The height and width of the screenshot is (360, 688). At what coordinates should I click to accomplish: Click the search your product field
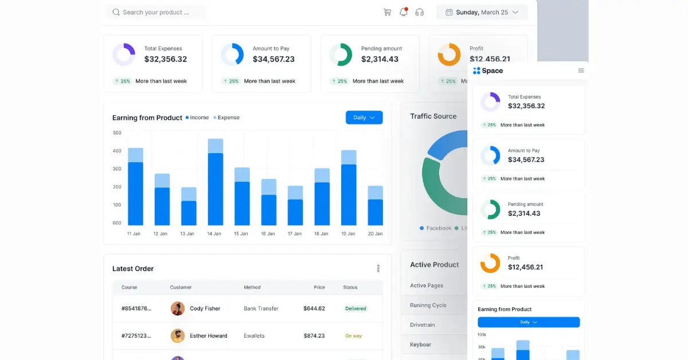tap(155, 12)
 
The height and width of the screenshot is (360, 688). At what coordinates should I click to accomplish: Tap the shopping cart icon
tap(387, 12)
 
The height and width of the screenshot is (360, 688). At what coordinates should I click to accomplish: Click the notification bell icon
tap(404, 12)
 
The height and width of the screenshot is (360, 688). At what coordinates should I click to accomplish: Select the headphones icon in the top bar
tap(420, 12)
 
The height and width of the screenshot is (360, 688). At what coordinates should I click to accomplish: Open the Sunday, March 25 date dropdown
tap(482, 12)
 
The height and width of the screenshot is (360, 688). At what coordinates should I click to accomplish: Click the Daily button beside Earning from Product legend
tap(364, 118)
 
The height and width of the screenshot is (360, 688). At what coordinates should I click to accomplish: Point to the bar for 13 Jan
tap(189, 206)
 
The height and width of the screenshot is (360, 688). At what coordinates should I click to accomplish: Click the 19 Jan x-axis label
tap(348, 234)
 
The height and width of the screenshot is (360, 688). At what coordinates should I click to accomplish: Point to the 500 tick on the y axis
tap(117, 133)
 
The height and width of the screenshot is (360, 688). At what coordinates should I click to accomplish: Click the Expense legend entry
tap(226, 118)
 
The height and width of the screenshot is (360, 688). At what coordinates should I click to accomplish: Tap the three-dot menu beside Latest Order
tap(378, 268)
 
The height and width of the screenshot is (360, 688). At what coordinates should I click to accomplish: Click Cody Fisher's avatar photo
tap(178, 308)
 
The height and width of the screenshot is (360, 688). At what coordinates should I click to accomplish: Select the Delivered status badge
tap(355, 308)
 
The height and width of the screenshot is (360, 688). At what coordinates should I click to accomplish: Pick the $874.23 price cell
tap(314, 336)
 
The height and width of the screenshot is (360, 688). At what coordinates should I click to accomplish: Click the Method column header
tap(252, 287)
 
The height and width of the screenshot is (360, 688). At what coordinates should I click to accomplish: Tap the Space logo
tap(488, 71)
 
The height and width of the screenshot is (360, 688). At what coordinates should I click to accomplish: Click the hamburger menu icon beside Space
tap(581, 71)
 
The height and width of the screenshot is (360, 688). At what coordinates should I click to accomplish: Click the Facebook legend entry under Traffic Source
tap(436, 228)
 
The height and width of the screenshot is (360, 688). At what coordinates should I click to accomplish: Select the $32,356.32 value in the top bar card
tap(166, 59)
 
